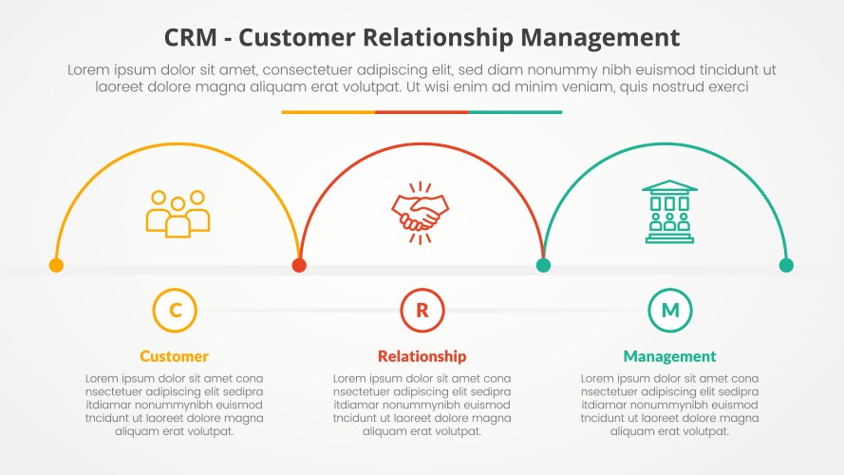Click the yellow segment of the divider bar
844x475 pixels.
point(328,112)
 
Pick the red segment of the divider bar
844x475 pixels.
point(422,112)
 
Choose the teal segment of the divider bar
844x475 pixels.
point(516,112)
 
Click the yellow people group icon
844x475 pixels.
point(178,213)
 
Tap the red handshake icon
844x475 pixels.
point(422,213)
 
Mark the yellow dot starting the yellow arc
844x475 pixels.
point(56,266)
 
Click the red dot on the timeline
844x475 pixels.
point(299,266)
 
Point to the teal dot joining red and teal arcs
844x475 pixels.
point(543,266)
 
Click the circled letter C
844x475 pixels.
point(175,310)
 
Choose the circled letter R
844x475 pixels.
point(422,310)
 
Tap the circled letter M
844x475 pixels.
point(670,310)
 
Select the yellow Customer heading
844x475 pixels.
point(175,357)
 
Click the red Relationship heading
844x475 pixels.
point(422,357)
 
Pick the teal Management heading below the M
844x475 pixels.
point(670,357)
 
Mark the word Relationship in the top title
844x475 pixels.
point(442,38)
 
